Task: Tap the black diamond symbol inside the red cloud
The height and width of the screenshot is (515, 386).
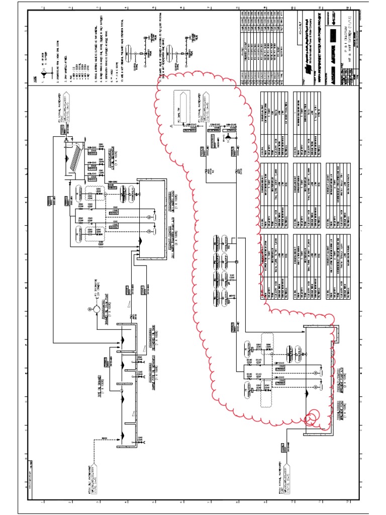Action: (x=226, y=137)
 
